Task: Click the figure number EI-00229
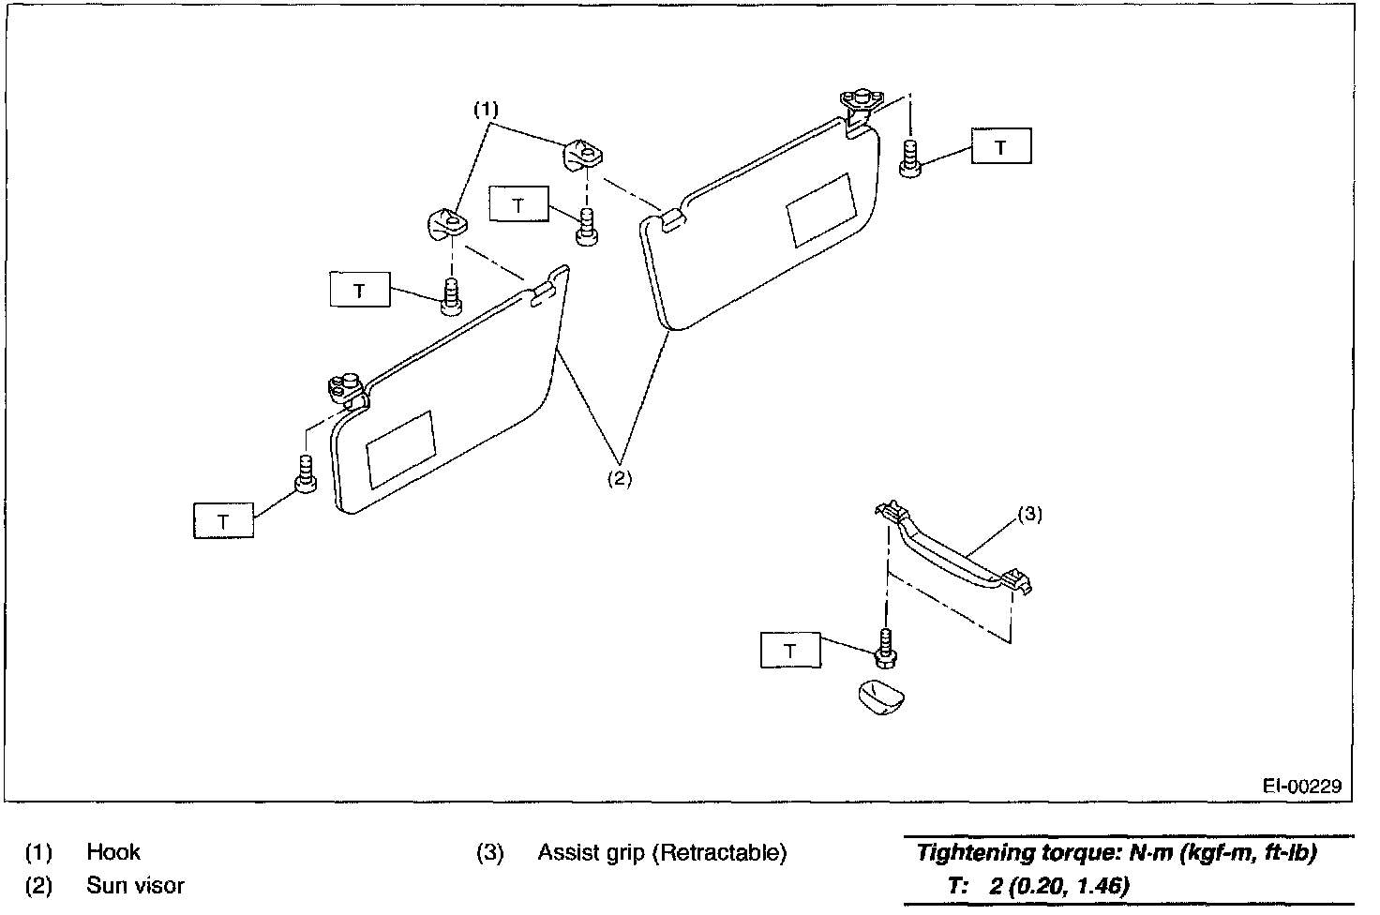[1302, 786]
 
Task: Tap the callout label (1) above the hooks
[485, 110]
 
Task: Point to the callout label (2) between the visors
[619, 477]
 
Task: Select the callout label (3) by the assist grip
[1029, 514]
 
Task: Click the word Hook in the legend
[113, 852]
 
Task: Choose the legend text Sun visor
[136, 885]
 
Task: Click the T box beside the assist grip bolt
[790, 651]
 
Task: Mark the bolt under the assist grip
[884, 644]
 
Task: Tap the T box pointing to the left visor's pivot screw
[223, 520]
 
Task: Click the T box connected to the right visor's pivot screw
[1001, 147]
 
